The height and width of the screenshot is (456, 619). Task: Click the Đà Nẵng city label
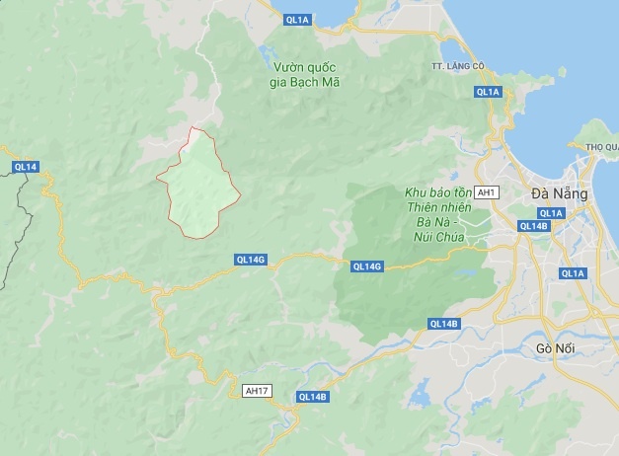coord(559,193)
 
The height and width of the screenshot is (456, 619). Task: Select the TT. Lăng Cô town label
coord(454,65)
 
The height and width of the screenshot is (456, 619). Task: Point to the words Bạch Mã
coord(318,82)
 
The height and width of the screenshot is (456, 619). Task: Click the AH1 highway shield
coord(487,190)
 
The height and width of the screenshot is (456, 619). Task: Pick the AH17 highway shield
coord(257,391)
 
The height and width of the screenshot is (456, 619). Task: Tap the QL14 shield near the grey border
coord(26,167)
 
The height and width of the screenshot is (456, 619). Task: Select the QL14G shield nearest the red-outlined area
coord(251,260)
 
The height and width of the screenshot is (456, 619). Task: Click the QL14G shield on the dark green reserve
coord(366,266)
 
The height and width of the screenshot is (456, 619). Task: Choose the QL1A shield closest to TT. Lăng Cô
coord(488,92)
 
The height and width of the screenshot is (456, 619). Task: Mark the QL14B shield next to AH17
coord(311,397)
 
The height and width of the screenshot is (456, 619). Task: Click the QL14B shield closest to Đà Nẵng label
coord(533,226)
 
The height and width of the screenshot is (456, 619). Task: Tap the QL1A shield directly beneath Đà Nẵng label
coord(551,213)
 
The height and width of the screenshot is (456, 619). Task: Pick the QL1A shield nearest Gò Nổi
coord(573,273)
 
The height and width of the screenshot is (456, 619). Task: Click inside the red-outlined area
coord(200,188)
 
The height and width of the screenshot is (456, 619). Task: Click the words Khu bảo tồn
coord(435,190)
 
